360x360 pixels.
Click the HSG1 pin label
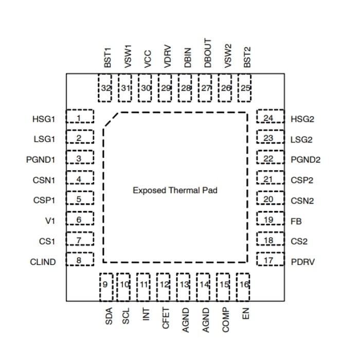click(x=43, y=119)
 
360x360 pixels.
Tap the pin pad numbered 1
click(x=79, y=118)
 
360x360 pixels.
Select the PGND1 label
click(x=40, y=159)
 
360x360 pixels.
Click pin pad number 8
click(x=79, y=260)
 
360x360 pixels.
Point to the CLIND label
click(x=43, y=262)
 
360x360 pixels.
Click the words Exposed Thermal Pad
click(x=175, y=190)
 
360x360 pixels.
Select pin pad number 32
click(x=106, y=88)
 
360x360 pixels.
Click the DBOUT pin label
click(x=207, y=53)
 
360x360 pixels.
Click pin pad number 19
click(x=269, y=220)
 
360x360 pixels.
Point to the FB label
click(x=296, y=221)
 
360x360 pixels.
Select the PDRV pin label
click(x=303, y=262)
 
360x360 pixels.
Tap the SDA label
click(x=109, y=315)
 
